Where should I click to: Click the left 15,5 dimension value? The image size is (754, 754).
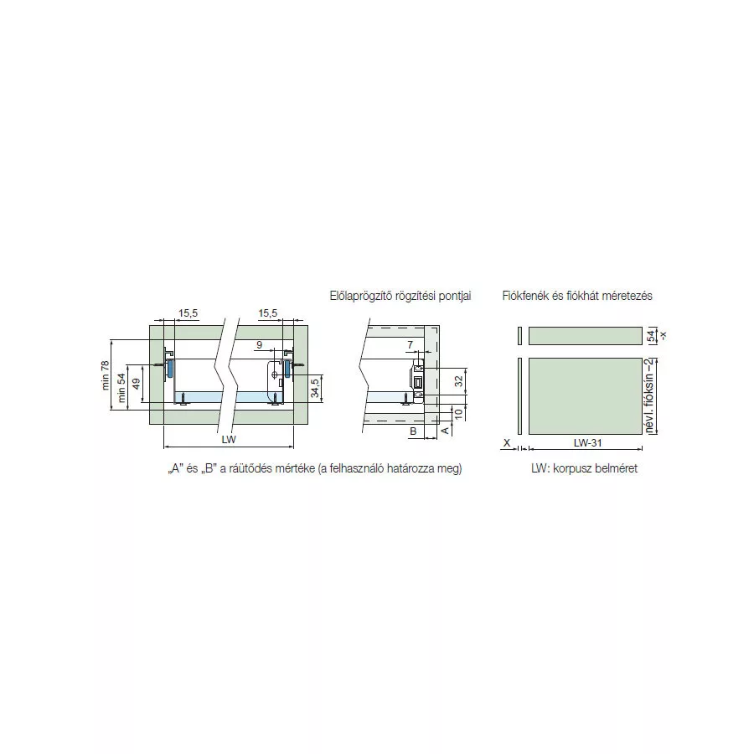point(188,313)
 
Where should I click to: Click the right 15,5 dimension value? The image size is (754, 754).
point(268,313)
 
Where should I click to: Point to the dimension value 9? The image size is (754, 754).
point(260,345)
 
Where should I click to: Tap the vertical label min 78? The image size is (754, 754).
point(106,375)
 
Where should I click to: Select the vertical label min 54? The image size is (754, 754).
point(121,388)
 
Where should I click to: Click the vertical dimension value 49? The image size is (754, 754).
point(136,384)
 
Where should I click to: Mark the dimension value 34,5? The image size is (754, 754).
point(315,388)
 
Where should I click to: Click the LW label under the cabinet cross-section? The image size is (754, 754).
point(229,440)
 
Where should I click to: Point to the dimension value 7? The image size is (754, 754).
point(411,345)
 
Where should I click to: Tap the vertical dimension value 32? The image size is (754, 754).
point(459,380)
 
